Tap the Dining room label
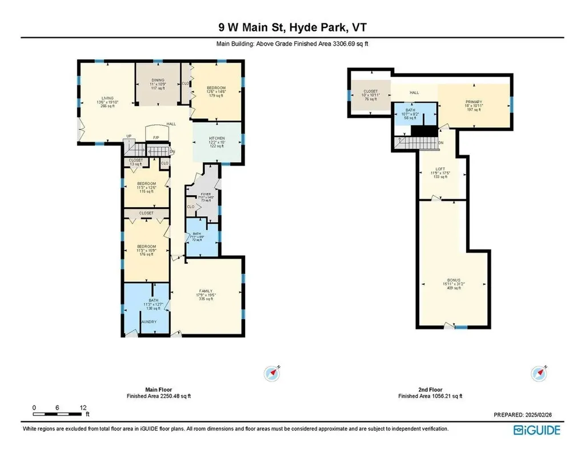[x=158, y=80]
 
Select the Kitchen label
[x=217, y=139]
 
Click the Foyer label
[x=206, y=194]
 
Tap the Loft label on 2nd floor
[x=440, y=169]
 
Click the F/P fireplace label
[x=155, y=137]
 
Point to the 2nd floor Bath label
[x=410, y=109]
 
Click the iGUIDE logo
[x=536, y=430]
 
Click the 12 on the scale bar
[x=83, y=408]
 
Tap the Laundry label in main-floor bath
[x=149, y=321]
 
